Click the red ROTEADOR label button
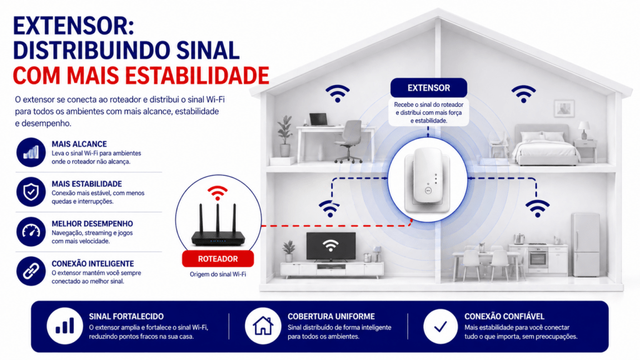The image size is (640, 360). click(217, 259)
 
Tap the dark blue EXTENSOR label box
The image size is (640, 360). click(429, 87)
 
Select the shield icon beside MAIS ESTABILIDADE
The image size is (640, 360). click(31, 192)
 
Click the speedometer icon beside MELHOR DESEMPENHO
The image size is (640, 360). click(31, 231)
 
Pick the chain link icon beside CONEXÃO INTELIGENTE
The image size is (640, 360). click(31, 271)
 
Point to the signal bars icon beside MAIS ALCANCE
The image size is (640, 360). click(31, 152)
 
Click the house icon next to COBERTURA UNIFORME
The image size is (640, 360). click(263, 326)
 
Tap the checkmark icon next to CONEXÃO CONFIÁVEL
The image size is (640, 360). click(441, 326)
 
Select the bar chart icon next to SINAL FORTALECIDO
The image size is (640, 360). click(64, 326)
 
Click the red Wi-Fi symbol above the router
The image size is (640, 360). click(217, 192)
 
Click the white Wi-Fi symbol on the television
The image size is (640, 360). click(331, 245)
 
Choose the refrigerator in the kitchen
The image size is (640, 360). click(585, 244)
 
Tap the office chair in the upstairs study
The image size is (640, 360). click(349, 141)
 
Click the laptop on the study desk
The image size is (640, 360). click(318, 120)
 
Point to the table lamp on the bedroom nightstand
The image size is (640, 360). click(584, 130)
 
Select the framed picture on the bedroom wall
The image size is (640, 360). click(564, 109)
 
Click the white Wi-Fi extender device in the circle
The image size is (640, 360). click(427, 179)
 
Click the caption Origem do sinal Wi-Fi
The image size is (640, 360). click(218, 274)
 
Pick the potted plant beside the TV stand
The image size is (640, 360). click(289, 251)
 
